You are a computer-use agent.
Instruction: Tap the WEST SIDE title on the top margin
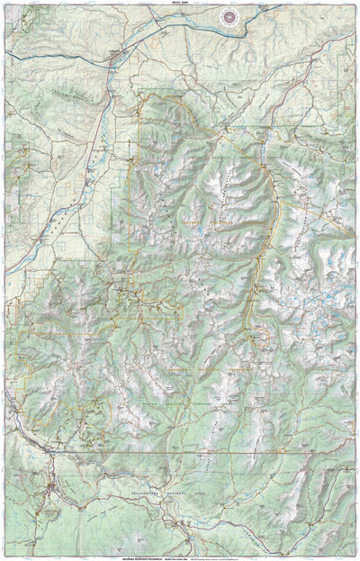tap(180, 4)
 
